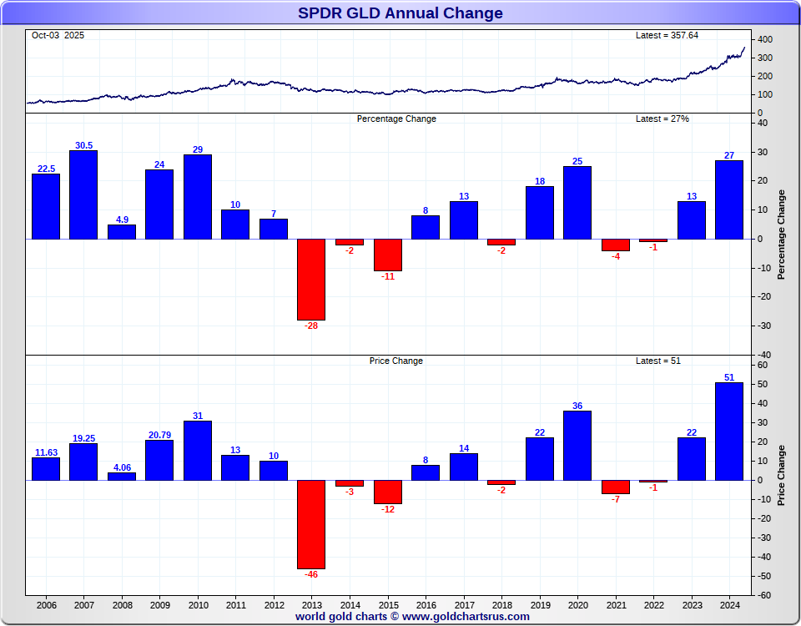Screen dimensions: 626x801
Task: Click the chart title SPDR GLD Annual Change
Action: click(x=400, y=13)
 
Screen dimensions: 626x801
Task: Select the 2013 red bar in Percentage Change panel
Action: click(x=311, y=280)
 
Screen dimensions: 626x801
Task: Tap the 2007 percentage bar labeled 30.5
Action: click(x=83, y=194)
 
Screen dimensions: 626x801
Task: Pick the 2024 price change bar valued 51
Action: click(x=729, y=431)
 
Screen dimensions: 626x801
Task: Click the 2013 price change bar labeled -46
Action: click(x=311, y=524)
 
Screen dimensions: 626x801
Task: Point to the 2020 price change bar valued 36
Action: click(x=577, y=445)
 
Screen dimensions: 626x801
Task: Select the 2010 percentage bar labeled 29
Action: click(x=198, y=196)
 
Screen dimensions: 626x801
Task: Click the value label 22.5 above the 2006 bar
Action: click(x=46, y=169)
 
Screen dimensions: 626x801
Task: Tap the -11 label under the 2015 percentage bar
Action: click(x=388, y=276)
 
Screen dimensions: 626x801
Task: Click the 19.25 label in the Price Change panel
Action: click(x=83, y=438)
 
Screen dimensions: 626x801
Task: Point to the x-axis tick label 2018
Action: click(x=502, y=605)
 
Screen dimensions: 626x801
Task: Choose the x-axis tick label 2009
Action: click(x=159, y=605)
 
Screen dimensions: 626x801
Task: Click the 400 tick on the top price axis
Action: click(x=765, y=40)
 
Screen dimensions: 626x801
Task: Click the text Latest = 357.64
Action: click(x=667, y=36)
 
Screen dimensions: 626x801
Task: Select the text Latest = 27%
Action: click(x=662, y=119)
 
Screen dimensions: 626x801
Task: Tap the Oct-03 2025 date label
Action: click(x=58, y=36)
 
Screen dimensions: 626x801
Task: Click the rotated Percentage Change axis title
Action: click(x=782, y=235)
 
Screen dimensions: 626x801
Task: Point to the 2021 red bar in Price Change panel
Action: click(x=616, y=487)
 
